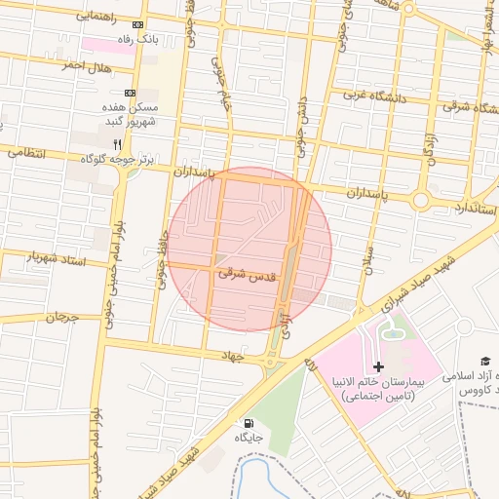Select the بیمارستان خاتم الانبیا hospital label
click(383, 390)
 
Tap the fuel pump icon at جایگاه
click(249, 424)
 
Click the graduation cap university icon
click(484, 362)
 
